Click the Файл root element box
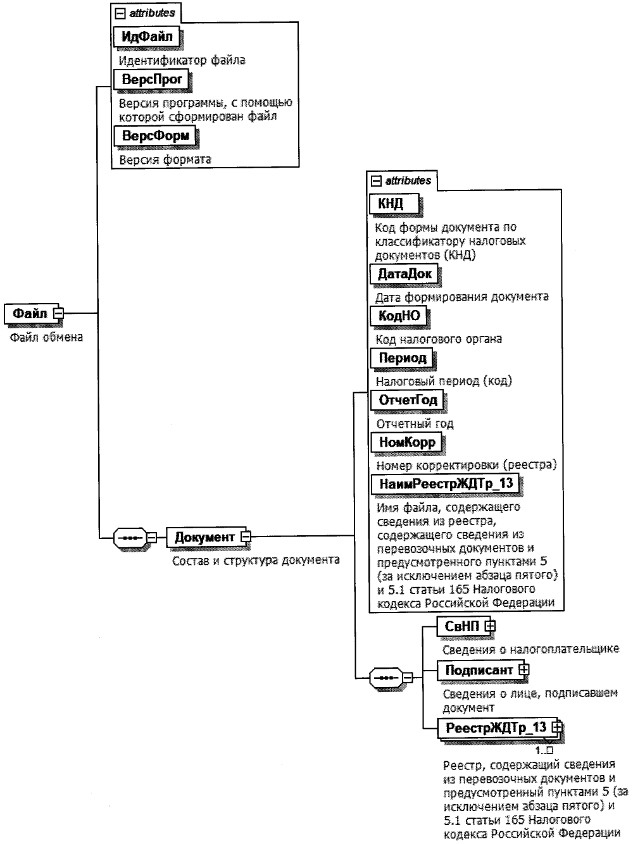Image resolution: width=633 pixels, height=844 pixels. (x=30, y=313)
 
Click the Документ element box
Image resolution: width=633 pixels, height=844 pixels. (x=204, y=537)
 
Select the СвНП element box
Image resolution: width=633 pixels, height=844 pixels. (x=462, y=626)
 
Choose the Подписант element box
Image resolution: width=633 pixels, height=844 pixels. (x=479, y=669)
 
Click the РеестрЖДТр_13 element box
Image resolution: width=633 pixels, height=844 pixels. (x=496, y=728)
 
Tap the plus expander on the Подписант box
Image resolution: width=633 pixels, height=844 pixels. (x=523, y=669)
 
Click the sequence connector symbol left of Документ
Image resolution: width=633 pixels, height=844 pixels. (x=130, y=538)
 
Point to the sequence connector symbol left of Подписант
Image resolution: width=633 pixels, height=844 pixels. (x=385, y=678)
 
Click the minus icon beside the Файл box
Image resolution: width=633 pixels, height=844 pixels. (x=58, y=313)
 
